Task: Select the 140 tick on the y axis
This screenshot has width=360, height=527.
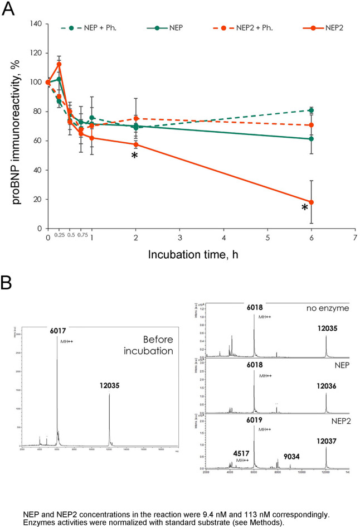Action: tap(36, 24)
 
